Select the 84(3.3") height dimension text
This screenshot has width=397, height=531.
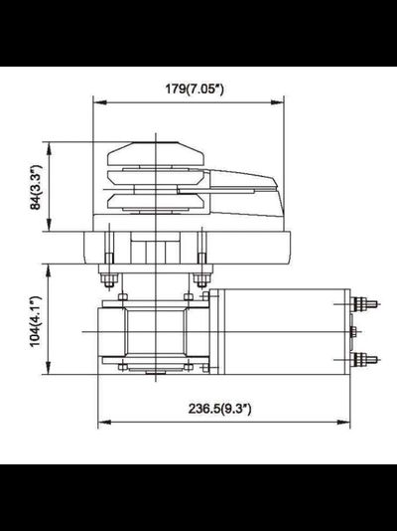click(37, 188)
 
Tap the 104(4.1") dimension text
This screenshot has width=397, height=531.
click(37, 319)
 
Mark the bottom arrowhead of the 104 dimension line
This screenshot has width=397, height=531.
click(49, 374)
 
